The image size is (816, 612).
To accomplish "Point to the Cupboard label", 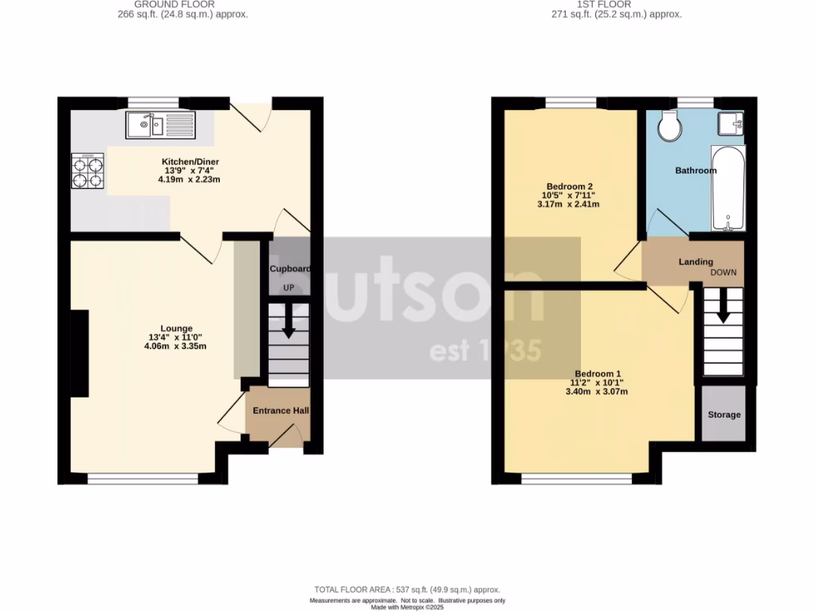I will (289, 269).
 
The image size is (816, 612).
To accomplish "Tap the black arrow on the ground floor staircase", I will (288, 322).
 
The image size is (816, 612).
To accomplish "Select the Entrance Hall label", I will (280, 411).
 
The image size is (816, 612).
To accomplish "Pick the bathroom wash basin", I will (731, 123).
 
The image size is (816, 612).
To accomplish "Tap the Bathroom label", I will (696, 171).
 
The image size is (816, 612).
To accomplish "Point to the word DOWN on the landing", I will (724, 273).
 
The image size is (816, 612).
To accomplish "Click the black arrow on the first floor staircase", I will (723, 307).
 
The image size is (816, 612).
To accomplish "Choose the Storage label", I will (724, 414).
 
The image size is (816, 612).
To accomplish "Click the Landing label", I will (696, 261).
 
